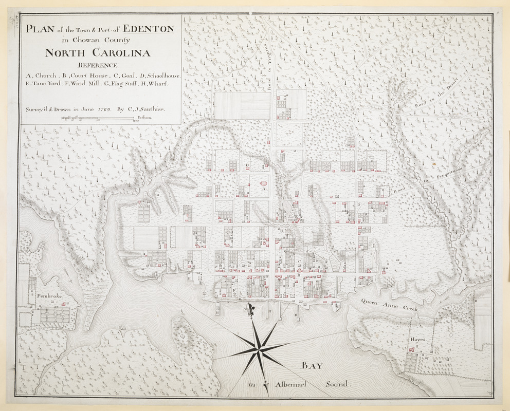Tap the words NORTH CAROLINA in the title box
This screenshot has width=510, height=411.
97,52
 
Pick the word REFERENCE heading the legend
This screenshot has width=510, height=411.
97,65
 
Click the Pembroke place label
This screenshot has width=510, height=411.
49,296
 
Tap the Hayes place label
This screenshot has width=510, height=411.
417,340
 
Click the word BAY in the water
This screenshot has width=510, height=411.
312,366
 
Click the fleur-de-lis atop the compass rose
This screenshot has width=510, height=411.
251,310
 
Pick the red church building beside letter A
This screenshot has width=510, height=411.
265,183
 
